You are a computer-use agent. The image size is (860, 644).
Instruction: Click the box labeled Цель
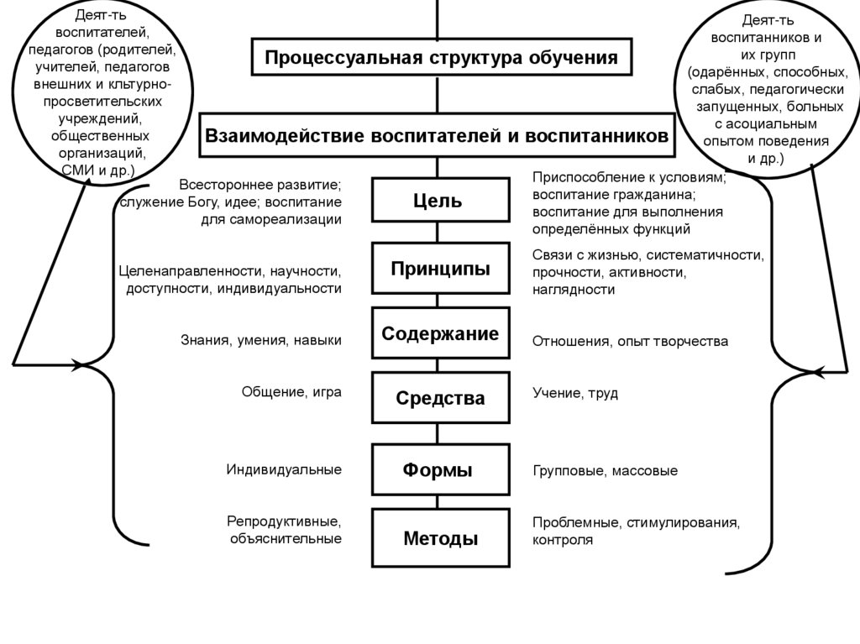pos(441,202)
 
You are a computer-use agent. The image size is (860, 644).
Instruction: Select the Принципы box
pos(441,269)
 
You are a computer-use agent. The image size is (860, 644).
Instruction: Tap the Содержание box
pos(441,333)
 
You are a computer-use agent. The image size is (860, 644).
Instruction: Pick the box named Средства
pos(441,398)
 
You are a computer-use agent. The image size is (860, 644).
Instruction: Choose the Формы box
pos(441,470)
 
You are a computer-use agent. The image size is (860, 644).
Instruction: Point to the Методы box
pos(441,538)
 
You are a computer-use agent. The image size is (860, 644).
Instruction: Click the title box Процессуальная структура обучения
pos(442,58)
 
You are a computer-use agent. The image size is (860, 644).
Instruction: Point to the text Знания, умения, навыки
pos(261,340)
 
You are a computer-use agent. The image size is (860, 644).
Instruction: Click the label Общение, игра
pos(291,391)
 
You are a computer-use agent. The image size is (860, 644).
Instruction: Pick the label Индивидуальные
pos(284,469)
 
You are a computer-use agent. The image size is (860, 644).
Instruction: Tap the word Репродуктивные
pos(284,521)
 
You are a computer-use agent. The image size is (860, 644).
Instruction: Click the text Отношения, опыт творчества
pos(630,342)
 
